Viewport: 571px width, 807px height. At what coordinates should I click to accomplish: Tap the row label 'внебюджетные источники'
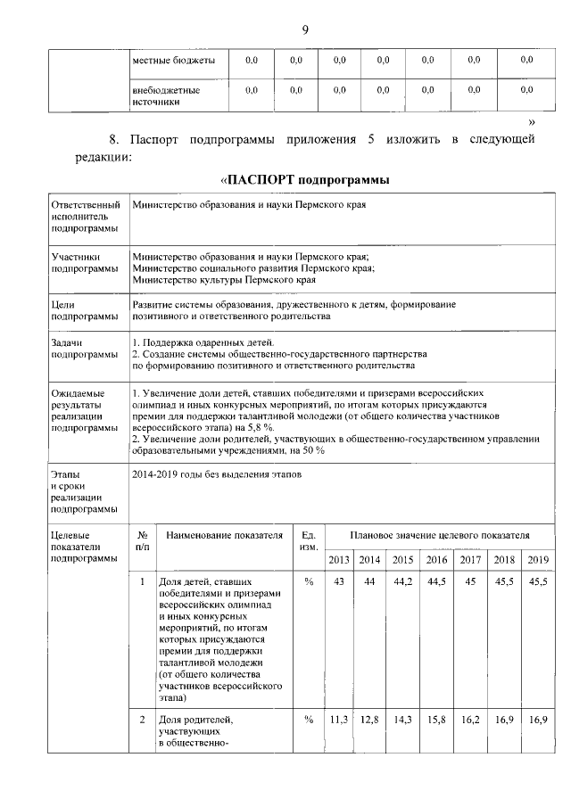tap(166, 95)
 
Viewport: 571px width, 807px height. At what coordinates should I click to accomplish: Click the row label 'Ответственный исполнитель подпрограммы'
tap(84, 216)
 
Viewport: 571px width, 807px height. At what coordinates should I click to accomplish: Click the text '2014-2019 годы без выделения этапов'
tap(217, 474)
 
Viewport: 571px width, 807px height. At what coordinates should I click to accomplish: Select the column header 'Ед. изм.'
tap(309, 540)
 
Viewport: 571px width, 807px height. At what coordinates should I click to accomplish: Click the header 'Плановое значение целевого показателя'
tap(440, 535)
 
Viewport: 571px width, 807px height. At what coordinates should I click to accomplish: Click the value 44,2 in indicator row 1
tap(403, 581)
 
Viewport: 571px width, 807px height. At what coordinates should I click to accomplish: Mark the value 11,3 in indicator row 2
tap(339, 719)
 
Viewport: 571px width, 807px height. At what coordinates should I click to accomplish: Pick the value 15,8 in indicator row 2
tap(437, 719)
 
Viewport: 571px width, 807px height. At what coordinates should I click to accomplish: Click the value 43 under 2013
tap(339, 581)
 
